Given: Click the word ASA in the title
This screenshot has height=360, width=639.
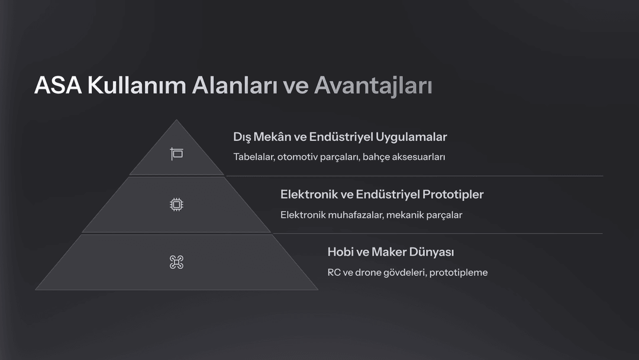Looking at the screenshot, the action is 58,85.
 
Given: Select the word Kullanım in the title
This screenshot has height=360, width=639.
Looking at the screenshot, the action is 137,85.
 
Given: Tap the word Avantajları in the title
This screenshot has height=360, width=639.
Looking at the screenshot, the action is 373,86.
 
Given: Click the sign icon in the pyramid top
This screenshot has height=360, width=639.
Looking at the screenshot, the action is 176,154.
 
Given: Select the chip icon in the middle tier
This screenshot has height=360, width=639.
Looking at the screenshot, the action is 176,204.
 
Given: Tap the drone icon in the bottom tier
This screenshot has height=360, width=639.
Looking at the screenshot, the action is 176,262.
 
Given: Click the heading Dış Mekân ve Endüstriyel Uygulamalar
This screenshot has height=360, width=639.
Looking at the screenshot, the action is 340,137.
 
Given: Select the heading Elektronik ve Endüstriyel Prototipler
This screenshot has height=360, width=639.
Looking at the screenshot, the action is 382,194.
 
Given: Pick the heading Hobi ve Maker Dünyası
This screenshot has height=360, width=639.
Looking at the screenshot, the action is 390,252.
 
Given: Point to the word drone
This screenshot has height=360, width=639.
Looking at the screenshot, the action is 368,272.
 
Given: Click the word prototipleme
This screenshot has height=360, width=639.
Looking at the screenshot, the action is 459,273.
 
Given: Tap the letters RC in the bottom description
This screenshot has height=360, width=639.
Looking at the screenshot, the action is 334,272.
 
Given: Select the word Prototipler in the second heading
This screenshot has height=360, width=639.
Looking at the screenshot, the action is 453,194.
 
